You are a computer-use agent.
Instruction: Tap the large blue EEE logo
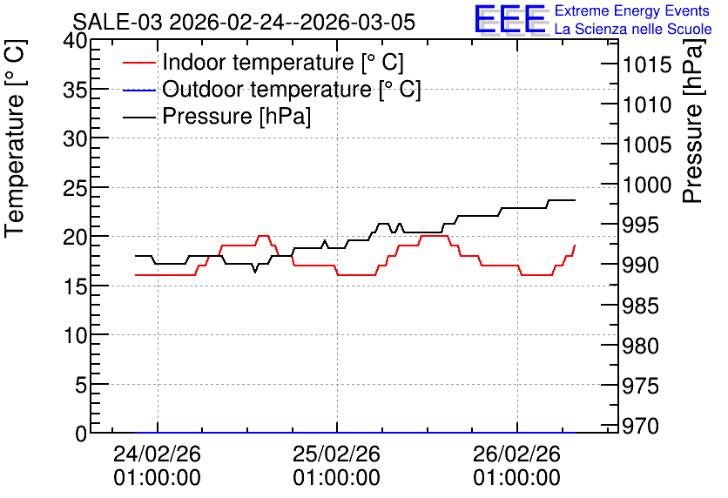point(509,19)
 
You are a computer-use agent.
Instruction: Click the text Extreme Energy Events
point(632,10)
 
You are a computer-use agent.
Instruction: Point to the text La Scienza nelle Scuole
point(633,30)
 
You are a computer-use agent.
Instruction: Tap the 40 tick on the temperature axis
point(75,41)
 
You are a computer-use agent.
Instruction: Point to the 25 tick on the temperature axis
point(75,187)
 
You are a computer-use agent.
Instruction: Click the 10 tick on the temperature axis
point(75,334)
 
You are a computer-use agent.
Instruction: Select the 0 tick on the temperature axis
point(81,434)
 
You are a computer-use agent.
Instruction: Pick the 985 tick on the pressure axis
point(640,306)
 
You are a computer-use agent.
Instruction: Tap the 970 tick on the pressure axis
point(640,426)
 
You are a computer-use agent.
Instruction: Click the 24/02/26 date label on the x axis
point(157,454)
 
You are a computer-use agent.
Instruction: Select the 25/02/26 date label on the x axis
point(337,454)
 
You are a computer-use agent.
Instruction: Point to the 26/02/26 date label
point(516,454)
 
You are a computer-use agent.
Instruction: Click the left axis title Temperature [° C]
point(15,139)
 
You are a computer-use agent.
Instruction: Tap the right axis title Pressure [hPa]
point(693,121)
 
